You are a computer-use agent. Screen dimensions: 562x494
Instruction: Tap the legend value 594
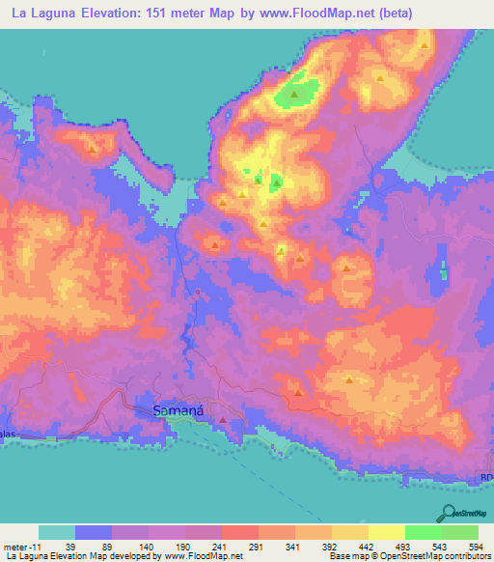point(474,548)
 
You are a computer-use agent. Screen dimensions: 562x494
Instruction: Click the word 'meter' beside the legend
point(14,548)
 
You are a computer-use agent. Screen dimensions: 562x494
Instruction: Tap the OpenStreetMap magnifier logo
point(449,511)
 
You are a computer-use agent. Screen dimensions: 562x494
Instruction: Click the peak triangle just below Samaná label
point(224,420)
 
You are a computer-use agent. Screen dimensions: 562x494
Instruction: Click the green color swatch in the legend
point(424,533)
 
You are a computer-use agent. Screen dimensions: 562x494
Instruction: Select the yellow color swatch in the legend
point(388,533)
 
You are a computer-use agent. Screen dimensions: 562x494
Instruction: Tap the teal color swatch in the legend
point(57,533)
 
